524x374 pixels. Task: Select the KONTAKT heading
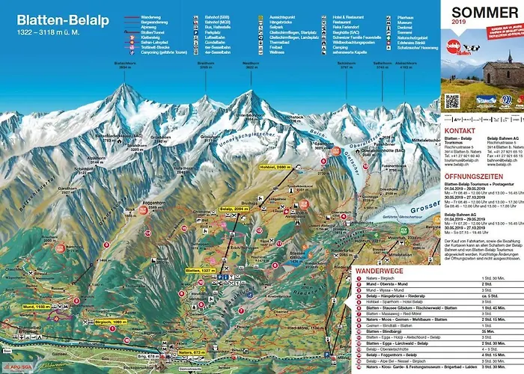point(460,129)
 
